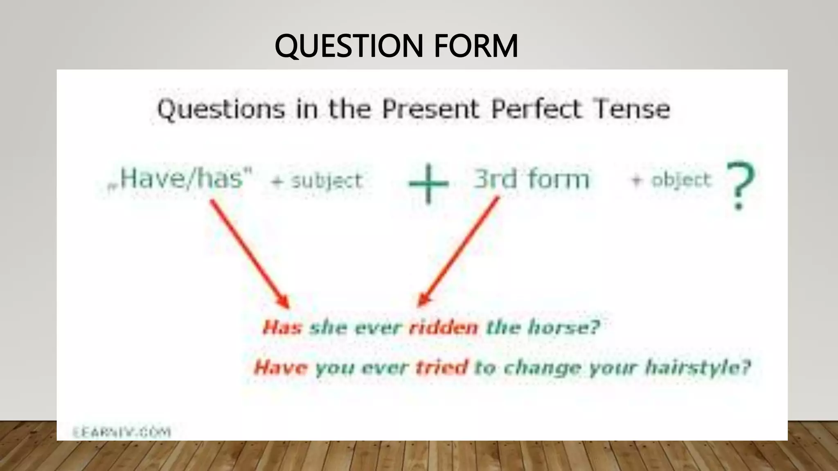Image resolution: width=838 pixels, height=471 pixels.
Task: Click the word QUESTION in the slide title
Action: point(349,46)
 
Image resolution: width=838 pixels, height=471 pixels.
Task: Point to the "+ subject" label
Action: point(317,181)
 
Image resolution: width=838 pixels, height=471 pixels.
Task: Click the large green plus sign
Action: point(428,184)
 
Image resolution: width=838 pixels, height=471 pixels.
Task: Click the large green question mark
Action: point(740,185)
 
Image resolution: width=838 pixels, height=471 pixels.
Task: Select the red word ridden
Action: point(444,327)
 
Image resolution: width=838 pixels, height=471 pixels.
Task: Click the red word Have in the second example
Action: point(280,367)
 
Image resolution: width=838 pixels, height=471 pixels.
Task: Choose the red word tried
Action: point(442,367)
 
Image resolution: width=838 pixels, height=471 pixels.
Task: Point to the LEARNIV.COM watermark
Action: point(122,432)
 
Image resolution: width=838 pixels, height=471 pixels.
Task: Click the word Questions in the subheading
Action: point(221,110)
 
